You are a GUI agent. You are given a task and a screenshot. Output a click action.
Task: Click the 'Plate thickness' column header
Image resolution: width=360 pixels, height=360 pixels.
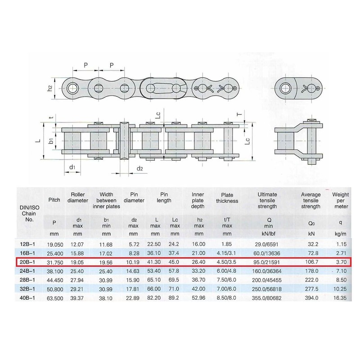pos(227,198)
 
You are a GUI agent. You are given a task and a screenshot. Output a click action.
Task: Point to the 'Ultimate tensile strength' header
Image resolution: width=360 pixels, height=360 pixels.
pos(267,201)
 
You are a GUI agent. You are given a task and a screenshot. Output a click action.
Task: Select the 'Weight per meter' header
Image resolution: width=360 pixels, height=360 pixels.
pos(340,201)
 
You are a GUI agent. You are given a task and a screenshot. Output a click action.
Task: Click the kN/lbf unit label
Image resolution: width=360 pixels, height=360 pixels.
pos(267,234)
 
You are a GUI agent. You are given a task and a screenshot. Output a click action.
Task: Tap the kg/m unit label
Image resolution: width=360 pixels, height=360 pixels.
pos(340,234)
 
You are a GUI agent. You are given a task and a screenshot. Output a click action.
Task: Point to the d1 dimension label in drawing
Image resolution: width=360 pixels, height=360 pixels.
pos(72,168)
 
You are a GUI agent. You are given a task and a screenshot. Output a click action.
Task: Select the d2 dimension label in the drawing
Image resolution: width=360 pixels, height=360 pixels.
pos(139,169)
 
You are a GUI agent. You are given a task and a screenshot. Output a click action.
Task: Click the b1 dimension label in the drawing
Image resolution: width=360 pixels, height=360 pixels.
pos(52,140)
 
